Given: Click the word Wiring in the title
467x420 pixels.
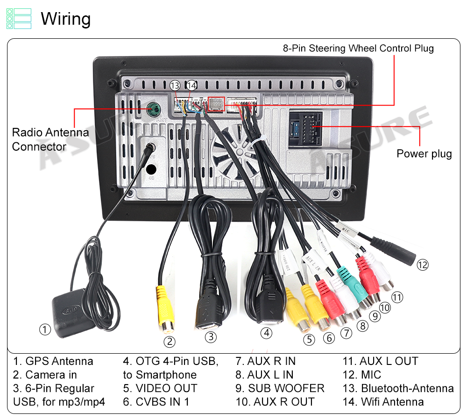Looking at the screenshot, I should pos(66,19).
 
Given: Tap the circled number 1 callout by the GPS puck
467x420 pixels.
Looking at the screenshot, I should pos(45,330).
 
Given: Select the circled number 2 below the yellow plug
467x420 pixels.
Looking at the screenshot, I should pos(170,342).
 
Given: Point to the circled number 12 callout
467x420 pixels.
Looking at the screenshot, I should pos(423,265).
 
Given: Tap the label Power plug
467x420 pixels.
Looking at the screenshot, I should pos(424,154).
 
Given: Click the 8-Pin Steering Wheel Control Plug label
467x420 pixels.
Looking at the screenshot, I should pos(358,48).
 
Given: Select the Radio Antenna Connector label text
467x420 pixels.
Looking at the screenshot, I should pos(50,140).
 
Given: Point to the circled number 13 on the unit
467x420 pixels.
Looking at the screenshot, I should pos(175,86).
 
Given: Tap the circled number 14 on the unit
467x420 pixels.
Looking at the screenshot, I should pos(191,86).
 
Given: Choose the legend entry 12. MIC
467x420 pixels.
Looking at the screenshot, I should pos(362,375).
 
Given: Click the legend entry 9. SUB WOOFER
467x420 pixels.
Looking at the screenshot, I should pos(280,388).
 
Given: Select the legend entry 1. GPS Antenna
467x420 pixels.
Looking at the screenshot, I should pos(53,361).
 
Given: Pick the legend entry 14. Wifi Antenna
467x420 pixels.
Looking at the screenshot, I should pos(383,402).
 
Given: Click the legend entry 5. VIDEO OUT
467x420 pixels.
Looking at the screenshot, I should pos(160,388).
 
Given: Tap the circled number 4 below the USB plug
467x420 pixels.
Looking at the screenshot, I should pos(266,333).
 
